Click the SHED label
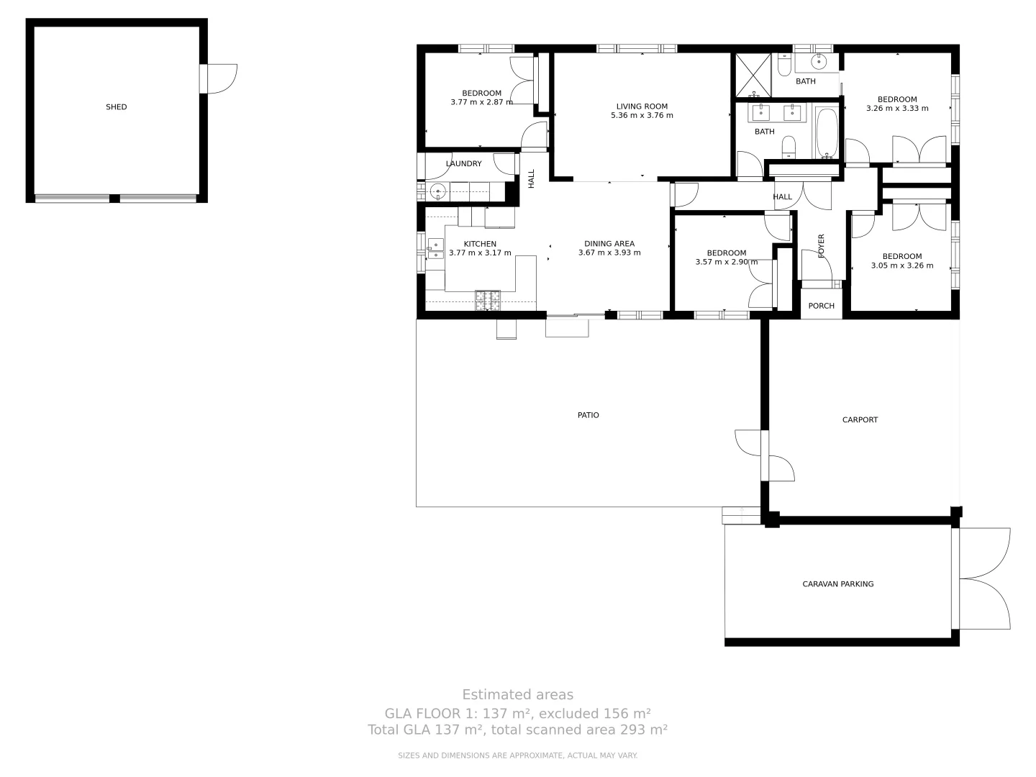click(x=116, y=107)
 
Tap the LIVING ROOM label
click(x=642, y=106)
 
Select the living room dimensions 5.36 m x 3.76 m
click(x=642, y=116)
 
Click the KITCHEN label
click(x=480, y=244)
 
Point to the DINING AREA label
click(x=609, y=244)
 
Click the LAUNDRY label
click(x=463, y=164)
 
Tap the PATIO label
click(x=588, y=415)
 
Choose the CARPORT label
click(x=860, y=419)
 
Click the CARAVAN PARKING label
click(x=837, y=584)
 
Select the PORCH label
click(x=821, y=306)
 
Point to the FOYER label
click(x=821, y=246)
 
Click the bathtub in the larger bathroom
click(x=827, y=133)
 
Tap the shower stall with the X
click(x=752, y=74)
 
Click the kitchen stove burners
click(x=487, y=300)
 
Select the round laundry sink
click(x=436, y=192)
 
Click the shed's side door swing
click(x=222, y=78)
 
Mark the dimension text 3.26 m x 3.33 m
click(x=897, y=109)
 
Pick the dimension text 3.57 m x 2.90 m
click(x=726, y=263)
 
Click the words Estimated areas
click(x=517, y=695)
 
